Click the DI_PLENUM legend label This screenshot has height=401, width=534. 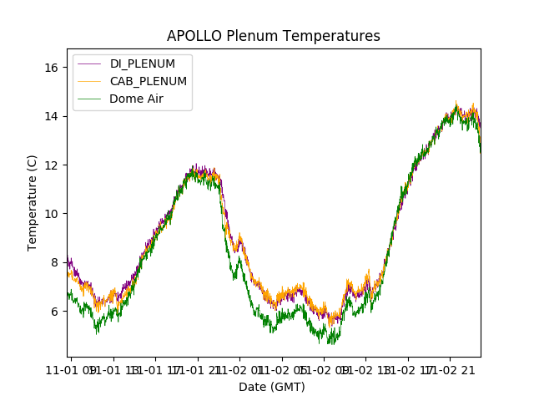tap(143, 63)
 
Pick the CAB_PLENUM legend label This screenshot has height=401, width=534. tap(149, 81)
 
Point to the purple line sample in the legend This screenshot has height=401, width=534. tap(90, 63)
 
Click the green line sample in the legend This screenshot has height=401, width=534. tap(90, 99)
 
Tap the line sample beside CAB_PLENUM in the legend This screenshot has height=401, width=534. tap(90, 81)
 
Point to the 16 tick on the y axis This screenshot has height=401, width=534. tap(50, 67)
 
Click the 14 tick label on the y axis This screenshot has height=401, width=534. tap(50, 115)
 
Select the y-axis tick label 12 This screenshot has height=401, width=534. tap(50, 165)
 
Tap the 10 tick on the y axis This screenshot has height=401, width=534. tap(50, 213)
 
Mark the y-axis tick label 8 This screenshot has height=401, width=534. tap(53, 262)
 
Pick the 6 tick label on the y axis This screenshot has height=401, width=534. tap(53, 311)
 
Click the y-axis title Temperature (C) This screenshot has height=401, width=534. tap(33, 203)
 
